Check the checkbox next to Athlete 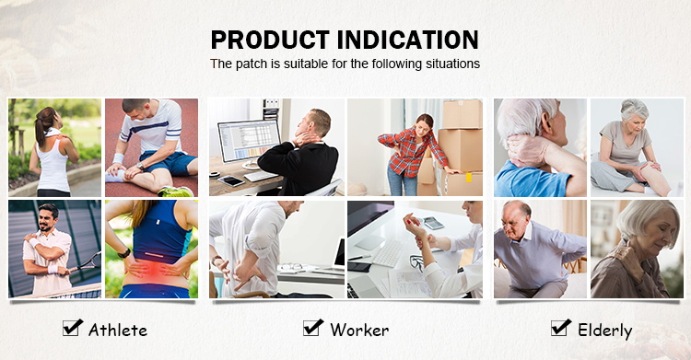pyautogui.click(x=72, y=327)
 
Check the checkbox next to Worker pyautogui.click(x=313, y=327)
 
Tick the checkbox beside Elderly pyautogui.click(x=560, y=327)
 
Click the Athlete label pyautogui.click(x=118, y=330)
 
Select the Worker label pyautogui.click(x=359, y=330)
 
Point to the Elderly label pyautogui.click(x=605, y=330)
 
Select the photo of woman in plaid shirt pyautogui.click(x=415, y=147)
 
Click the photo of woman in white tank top pyautogui.click(x=55, y=147)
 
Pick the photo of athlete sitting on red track pyautogui.click(x=151, y=147)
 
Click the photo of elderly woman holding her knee pyautogui.click(x=630, y=147)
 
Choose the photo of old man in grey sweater pyautogui.click(x=538, y=249)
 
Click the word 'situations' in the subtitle pyautogui.click(x=451, y=64)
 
